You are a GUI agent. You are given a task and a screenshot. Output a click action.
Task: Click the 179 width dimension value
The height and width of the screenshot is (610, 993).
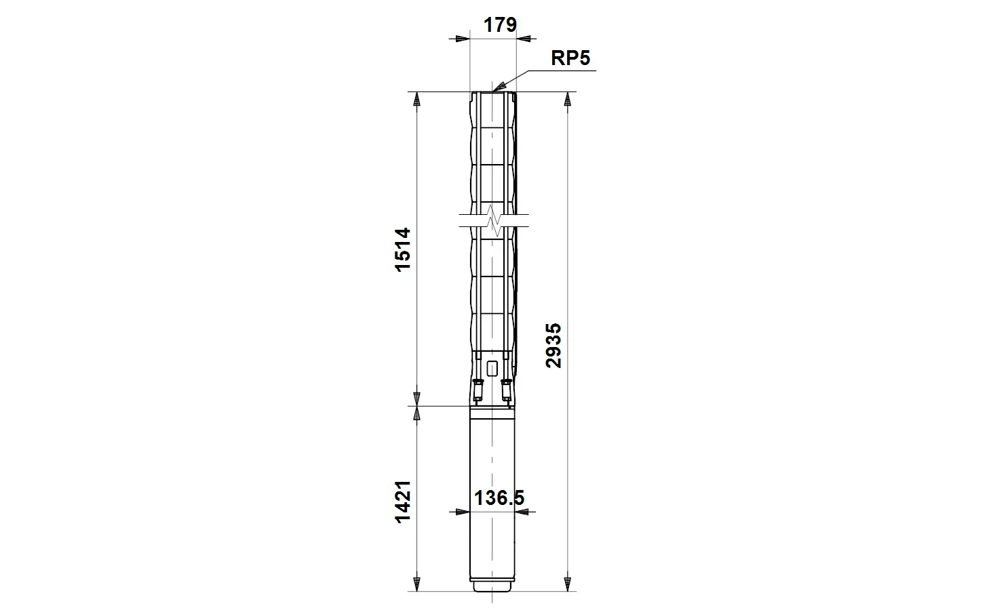click(x=500, y=25)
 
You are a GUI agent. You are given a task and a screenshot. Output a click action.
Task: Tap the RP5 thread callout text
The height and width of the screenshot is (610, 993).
click(x=570, y=58)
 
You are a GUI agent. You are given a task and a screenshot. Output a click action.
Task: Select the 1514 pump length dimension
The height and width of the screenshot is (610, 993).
click(x=403, y=250)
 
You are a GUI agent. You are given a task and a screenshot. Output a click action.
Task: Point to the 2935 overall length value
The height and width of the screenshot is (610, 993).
click(x=553, y=346)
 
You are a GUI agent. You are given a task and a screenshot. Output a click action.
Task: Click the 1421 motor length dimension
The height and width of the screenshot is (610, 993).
click(x=403, y=502)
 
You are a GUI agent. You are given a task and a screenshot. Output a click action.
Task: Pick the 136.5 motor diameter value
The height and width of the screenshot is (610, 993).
click(x=499, y=498)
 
